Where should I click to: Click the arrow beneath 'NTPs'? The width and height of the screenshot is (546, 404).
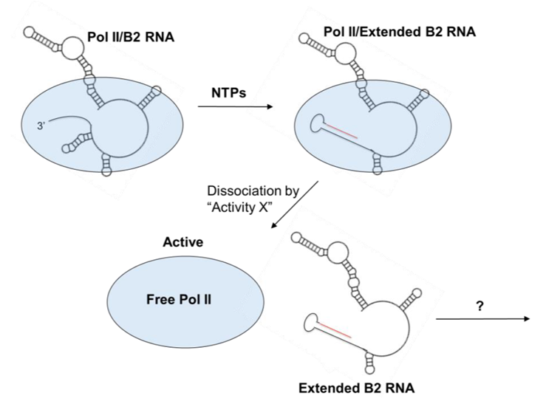234,107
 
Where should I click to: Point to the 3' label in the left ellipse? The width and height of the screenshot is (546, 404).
30,126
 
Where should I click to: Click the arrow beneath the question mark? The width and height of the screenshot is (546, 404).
483,319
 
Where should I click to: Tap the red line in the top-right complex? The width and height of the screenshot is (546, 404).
342,131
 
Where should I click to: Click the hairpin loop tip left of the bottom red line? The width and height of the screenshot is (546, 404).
313,322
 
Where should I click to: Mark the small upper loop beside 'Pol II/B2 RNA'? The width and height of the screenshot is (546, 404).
74,49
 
